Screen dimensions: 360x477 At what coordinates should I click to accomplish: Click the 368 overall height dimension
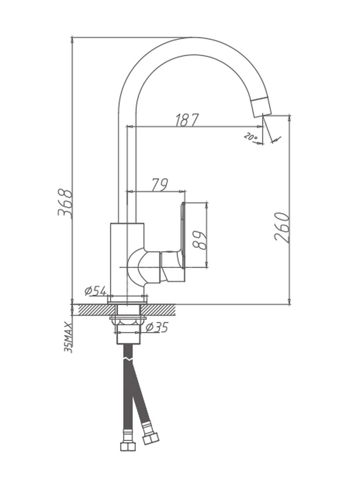65,203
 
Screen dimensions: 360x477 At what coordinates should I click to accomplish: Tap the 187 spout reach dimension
186,120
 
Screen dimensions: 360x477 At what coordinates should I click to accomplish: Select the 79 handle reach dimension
160,185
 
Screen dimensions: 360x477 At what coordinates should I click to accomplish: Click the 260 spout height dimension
281,227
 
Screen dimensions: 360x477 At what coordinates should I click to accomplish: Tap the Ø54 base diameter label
95,291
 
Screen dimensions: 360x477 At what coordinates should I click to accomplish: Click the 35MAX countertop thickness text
69,338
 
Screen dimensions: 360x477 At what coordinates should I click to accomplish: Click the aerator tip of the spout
261,106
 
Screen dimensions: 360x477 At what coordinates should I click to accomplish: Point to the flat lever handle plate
183,236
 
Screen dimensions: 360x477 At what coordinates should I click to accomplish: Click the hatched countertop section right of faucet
158,310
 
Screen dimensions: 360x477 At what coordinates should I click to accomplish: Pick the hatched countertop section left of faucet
97,310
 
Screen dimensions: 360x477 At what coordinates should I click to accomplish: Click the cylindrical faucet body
127,260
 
